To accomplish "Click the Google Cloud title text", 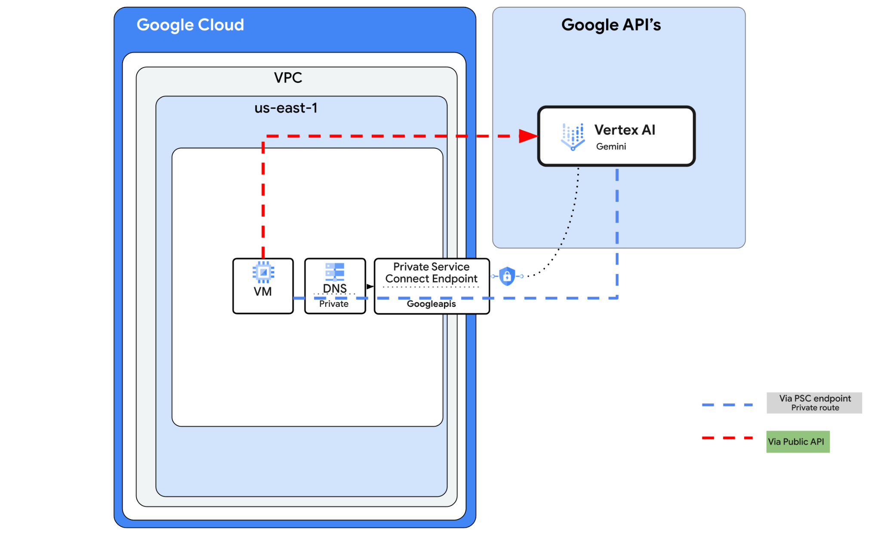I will click(190, 25).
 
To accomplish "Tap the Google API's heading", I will click(611, 25).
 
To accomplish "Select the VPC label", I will click(288, 78).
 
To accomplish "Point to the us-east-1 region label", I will click(286, 108).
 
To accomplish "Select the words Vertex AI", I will click(625, 130).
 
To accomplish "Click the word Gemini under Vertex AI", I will click(611, 147).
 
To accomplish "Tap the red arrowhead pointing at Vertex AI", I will click(528, 136).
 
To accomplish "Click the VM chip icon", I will click(263, 272).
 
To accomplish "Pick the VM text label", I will click(263, 292).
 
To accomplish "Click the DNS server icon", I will click(335, 272).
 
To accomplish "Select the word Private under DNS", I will click(334, 304).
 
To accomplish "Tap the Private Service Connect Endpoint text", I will click(431, 273).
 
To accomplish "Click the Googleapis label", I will click(431, 304).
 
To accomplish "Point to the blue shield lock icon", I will click(507, 276).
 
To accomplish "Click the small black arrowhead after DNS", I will click(370, 287).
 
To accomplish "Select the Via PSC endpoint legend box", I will click(814, 403).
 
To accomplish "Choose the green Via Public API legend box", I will click(798, 442).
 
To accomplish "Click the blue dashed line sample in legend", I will click(727, 405).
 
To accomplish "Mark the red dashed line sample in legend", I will click(727, 438).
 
